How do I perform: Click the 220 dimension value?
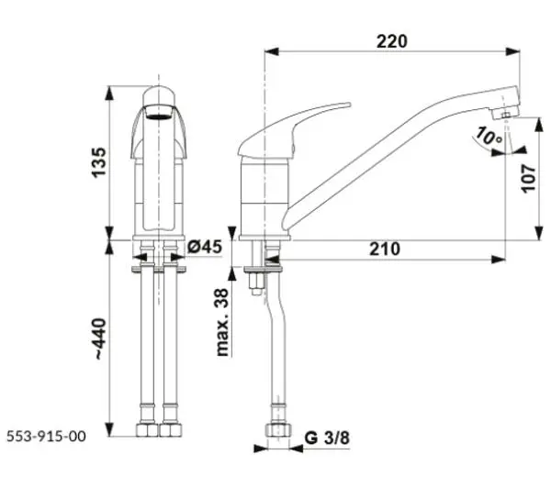click(392, 41)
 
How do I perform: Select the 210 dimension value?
click(385, 249)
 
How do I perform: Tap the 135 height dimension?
click(99, 162)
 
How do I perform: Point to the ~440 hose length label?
click(100, 338)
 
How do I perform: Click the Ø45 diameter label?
click(205, 247)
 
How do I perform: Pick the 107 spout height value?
click(529, 178)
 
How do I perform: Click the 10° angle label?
click(489, 137)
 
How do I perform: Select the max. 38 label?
click(222, 322)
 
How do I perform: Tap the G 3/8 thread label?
click(327, 438)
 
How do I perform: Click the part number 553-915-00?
click(47, 437)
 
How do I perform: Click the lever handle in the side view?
click(295, 129)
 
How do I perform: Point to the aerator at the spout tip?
click(505, 114)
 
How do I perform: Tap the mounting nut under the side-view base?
click(255, 283)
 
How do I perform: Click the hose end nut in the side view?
click(278, 429)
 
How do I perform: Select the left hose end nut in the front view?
click(147, 429)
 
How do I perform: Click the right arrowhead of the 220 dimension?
click(512, 51)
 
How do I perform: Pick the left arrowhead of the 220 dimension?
click(272, 51)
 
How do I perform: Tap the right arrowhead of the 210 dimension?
click(499, 260)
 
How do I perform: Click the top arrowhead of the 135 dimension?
click(110, 93)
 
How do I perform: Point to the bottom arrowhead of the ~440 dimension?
click(110, 429)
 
